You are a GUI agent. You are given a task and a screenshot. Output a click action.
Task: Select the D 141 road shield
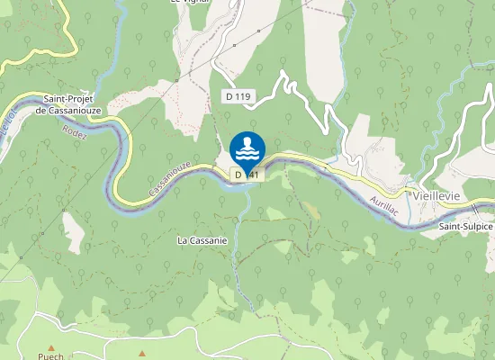point(247,175)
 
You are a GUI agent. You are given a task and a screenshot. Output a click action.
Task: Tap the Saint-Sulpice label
point(465,227)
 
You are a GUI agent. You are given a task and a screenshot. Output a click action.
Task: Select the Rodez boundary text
point(74,131)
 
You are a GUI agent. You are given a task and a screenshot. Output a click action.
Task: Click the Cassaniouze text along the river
point(168,179)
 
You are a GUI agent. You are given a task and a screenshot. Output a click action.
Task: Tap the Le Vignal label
point(187,3)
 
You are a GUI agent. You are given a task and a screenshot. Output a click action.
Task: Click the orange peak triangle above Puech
point(51,347)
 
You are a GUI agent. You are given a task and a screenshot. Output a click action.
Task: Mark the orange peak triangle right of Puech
point(142,352)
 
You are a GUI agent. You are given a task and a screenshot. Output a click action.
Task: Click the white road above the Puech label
point(45,317)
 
